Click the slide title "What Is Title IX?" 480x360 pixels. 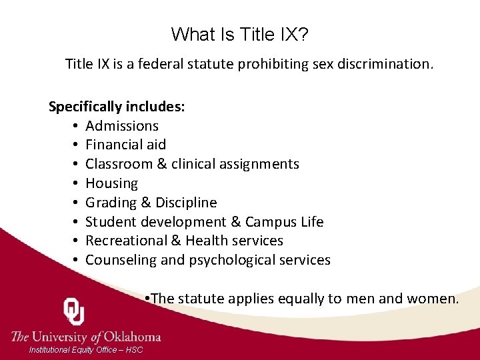[240, 34]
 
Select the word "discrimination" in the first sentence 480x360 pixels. [387, 65]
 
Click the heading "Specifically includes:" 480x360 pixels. [117, 107]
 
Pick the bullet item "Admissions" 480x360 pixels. [122, 126]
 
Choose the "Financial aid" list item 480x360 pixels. [125, 145]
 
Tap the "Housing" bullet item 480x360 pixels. [111, 183]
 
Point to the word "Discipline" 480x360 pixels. [186, 203]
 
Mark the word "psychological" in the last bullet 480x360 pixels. [233, 261]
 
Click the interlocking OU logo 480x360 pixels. [73, 311]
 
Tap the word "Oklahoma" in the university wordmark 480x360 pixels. [131, 336]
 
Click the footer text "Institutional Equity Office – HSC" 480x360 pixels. [86, 350]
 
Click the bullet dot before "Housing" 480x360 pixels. [77, 183]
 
